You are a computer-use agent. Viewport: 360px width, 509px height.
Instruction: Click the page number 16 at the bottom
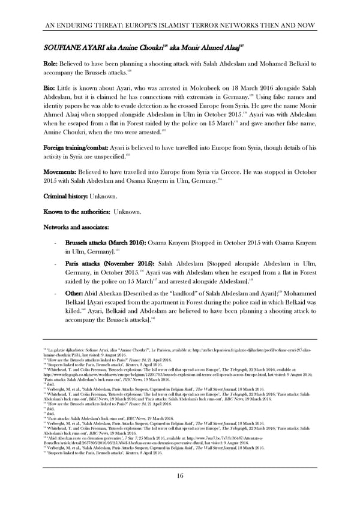coord(180,476)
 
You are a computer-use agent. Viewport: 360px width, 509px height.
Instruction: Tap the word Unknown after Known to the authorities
coord(128,212)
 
